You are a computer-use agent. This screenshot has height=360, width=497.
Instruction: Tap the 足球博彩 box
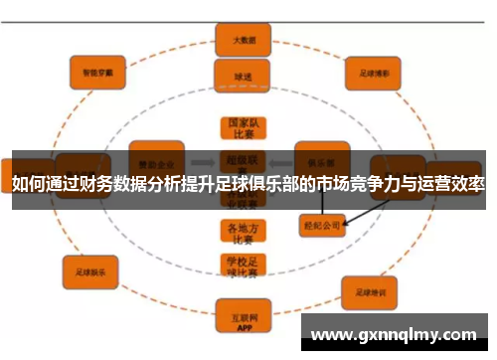pos(370,73)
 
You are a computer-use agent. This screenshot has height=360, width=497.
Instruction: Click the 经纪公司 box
pos(321,226)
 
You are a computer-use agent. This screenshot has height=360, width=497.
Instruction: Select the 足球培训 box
pos(370,292)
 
